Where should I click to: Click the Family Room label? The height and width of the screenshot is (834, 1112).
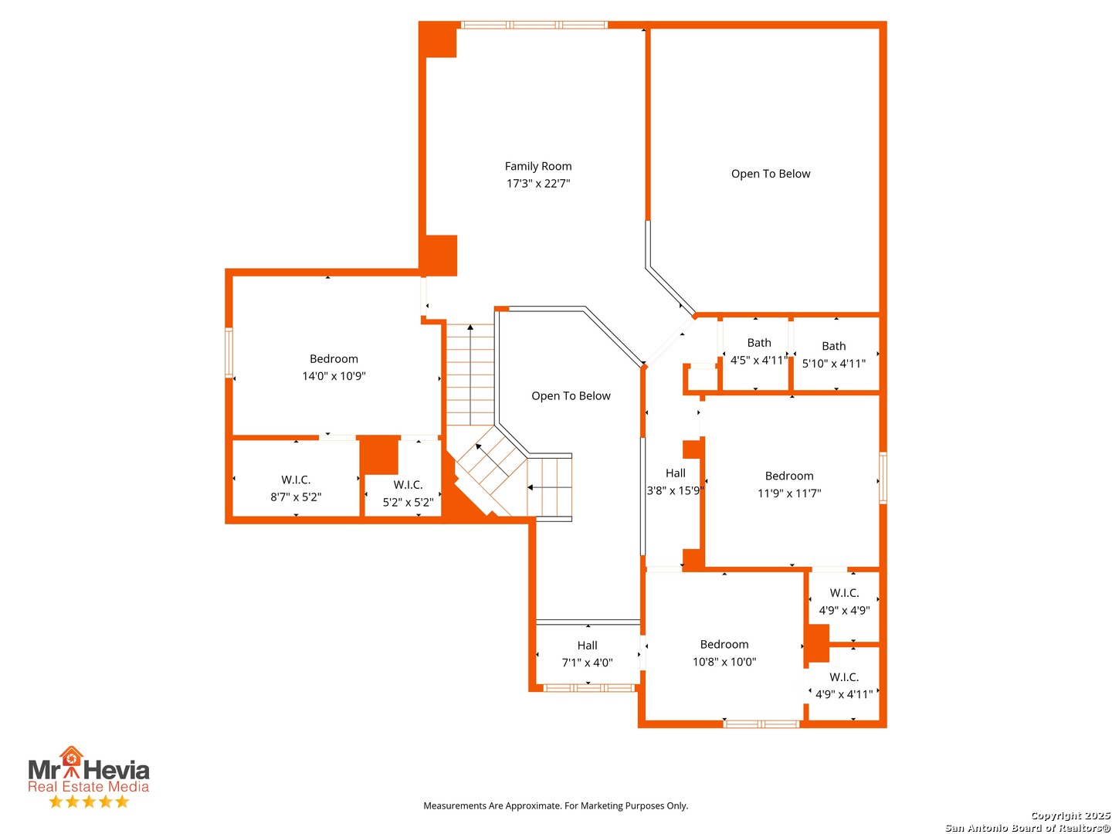pyautogui.click(x=537, y=166)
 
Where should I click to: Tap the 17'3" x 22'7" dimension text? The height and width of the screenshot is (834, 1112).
pyautogui.click(x=538, y=183)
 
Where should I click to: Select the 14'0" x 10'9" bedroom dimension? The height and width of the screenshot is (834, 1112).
pyautogui.click(x=334, y=376)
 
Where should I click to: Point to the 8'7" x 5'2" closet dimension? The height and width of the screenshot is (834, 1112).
pyautogui.click(x=295, y=497)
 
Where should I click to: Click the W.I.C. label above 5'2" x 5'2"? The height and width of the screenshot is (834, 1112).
pyautogui.click(x=408, y=485)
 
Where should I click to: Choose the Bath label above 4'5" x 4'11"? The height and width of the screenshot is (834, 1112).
pyautogui.click(x=758, y=343)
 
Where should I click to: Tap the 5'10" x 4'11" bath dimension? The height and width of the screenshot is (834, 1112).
pyautogui.click(x=833, y=363)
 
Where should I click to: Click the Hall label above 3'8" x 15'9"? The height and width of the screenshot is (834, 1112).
pyautogui.click(x=675, y=473)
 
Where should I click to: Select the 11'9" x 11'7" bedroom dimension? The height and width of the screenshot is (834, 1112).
pyautogui.click(x=788, y=493)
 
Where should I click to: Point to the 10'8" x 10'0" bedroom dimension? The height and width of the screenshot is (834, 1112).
pyautogui.click(x=724, y=661)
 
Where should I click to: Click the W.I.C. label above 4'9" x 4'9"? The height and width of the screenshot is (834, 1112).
pyautogui.click(x=844, y=592)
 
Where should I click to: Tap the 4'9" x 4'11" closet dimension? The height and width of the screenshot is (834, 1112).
pyautogui.click(x=843, y=694)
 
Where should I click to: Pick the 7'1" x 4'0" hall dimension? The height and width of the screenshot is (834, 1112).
pyautogui.click(x=587, y=663)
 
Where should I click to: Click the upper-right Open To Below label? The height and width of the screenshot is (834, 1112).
pyautogui.click(x=770, y=174)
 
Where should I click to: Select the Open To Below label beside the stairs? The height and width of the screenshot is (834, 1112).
pyautogui.click(x=571, y=395)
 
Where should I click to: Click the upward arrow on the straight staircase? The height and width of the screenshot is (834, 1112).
pyautogui.click(x=470, y=375)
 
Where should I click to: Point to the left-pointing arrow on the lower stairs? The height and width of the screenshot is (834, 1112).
pyautogui.click(x=549, y=487)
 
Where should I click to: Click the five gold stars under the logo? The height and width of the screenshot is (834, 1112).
pyautogui.click(x=89, y=801)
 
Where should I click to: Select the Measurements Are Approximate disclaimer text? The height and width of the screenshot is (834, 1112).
pyautogui.click(x=555, y=805)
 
